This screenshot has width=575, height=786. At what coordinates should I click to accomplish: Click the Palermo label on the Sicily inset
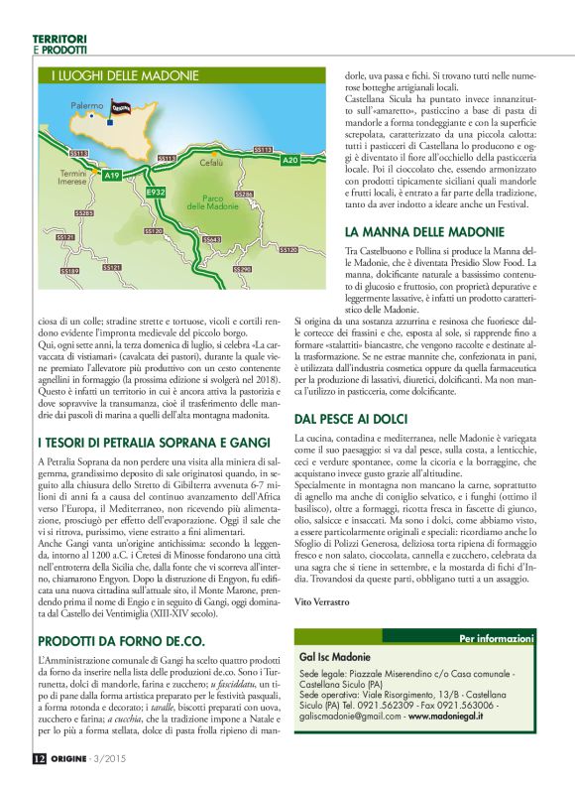point(87,103)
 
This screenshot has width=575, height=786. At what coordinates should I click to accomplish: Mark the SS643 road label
point(211,239)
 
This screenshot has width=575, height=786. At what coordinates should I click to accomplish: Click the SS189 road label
point(69,271)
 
